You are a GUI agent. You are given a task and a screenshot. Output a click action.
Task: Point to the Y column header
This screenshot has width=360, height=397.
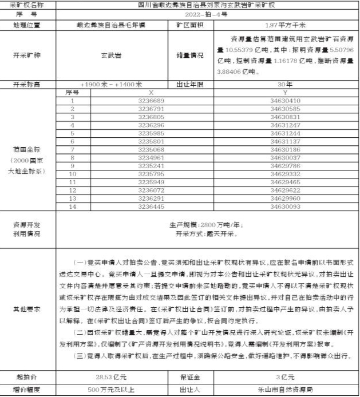(286, 92)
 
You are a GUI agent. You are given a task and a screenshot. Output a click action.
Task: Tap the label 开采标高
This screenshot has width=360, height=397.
(28, 84)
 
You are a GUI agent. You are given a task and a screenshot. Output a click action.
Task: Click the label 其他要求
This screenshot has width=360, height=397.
(28, 309)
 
